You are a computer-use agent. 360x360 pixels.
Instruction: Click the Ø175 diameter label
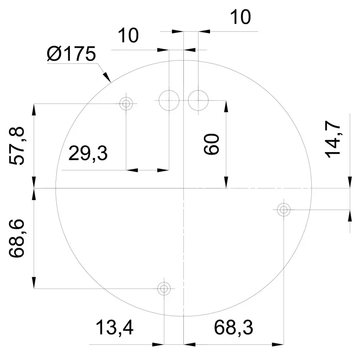(x=72, y=55)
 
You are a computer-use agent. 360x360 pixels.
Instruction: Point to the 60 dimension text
(x=211, y=144)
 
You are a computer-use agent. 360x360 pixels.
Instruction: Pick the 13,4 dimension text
(x=114, y=328)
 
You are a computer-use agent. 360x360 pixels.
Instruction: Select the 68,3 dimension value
(x=233, y=328)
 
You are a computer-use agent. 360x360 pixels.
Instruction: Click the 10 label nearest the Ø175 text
(x=128, y=36)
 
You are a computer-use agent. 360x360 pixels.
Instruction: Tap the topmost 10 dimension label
(x=240, y=18)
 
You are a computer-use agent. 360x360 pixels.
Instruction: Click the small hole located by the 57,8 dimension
(x=126, y=103)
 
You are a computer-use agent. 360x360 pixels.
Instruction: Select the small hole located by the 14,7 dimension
(x=283, y=209)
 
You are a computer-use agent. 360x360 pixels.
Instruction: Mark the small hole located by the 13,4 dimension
(x=164, y=289)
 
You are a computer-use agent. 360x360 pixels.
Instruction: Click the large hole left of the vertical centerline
(x=169, y=100)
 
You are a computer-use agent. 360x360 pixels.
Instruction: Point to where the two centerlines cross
(x=183, y=188)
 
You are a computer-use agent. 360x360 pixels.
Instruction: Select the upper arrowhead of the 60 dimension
(x=227, y=106)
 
